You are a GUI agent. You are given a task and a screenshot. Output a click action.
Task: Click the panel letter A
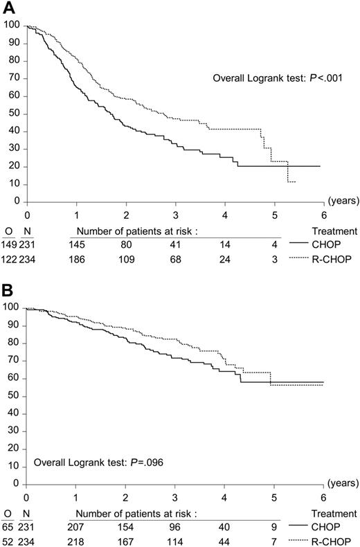pos(8,8)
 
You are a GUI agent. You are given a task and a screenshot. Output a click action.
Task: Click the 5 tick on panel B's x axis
pos(274,497)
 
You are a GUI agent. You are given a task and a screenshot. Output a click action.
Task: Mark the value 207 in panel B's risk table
pos(78,528)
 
